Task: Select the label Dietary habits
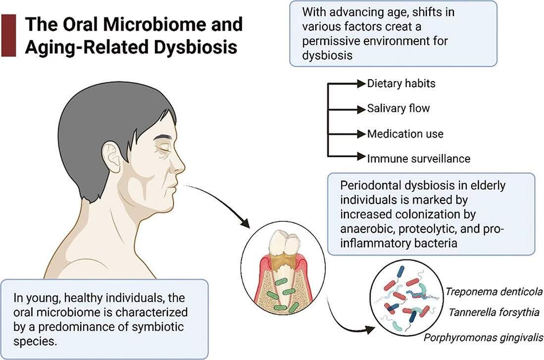[401, 83]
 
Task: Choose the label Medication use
[405, 134]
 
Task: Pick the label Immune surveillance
[418, 158]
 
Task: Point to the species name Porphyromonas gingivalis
[483, 338]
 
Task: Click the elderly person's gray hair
[99, 109]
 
